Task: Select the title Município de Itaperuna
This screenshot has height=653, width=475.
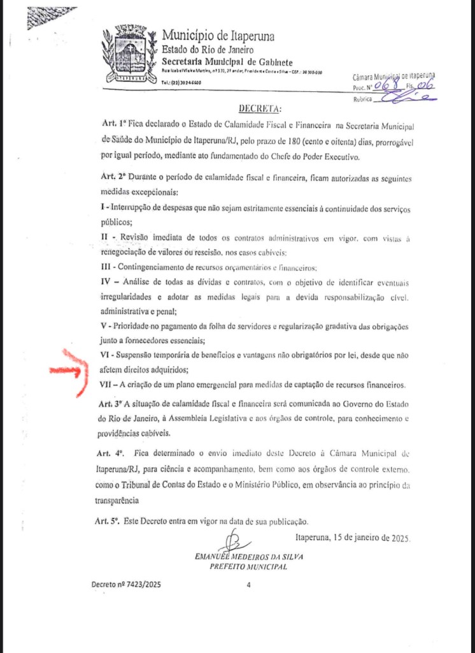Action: tap(218, 36)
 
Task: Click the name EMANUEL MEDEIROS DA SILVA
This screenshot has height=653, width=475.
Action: tap(249, 557)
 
